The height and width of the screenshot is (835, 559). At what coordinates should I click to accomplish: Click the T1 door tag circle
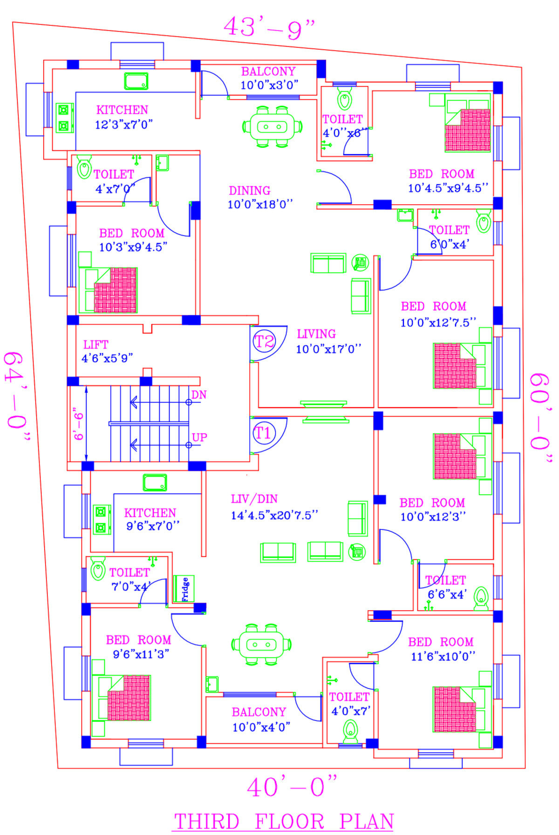click(x=264, y=433)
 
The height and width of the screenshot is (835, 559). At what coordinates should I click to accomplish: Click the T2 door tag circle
click(x=264, y=342)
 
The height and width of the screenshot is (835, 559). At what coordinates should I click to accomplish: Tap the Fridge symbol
click(x=184, y=589)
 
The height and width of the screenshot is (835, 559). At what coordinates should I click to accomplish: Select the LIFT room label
click(x=96, y=345)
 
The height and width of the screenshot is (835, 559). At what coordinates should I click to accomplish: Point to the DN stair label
click(x=199, y=395)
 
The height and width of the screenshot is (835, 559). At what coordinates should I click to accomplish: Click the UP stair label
click(x=199, y=438)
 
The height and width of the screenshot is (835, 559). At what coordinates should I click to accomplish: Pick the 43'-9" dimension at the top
click(x=269, y=28)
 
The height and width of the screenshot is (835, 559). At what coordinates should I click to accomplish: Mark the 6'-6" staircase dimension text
click(x=78, y=426)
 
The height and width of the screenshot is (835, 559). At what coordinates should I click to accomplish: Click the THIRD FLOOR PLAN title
click(x=284, y=821)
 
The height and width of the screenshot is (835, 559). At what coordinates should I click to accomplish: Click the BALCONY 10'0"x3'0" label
click(x=269, y=78)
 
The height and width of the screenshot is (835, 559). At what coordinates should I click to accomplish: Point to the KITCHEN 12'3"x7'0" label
click(x=123, y=117)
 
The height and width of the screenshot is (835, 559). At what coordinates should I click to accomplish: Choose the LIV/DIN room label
click(x=254, y=499)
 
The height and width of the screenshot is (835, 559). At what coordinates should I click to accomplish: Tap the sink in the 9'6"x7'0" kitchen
click(x=155, y=483)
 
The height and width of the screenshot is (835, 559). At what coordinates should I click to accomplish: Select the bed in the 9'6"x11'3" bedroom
click(x=122, y=697)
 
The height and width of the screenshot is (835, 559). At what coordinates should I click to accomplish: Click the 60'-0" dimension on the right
click(x=541, y=417)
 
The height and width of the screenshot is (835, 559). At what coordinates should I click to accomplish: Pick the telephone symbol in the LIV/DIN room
click(x=357, y=552)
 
